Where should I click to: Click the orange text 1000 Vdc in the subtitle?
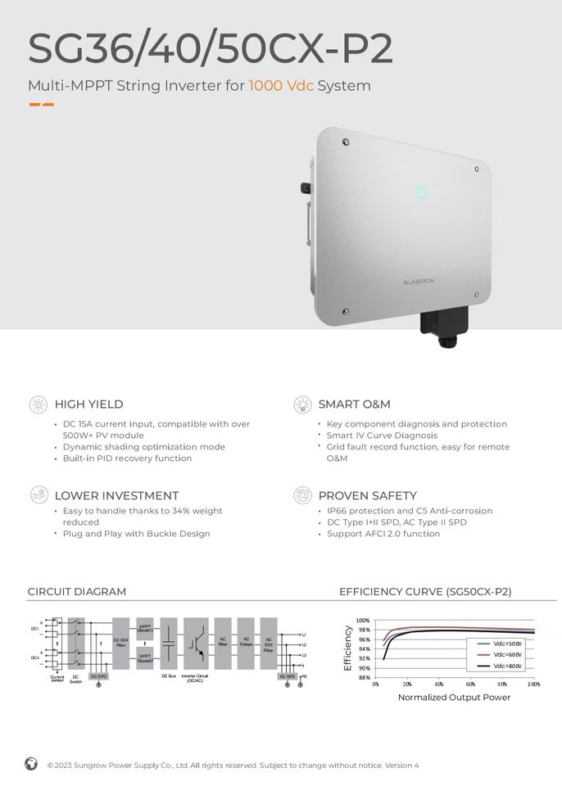(281, 86)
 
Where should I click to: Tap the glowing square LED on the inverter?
(421, 193)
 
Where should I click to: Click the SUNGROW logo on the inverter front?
(419, 281)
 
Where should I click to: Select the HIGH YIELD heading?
(88, 404)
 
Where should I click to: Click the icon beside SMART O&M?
(303, 404)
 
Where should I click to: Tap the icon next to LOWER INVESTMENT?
(39, 495)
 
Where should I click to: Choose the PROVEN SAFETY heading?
(367, 496)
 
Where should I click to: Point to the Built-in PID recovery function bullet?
(127, 458)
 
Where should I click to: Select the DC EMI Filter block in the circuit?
(120, 644)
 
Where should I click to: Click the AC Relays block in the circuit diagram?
(246, 644)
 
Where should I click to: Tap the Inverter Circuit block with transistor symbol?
(196, 644)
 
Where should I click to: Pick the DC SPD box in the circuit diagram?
(98, 676)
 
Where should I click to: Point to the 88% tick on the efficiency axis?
(364, 678)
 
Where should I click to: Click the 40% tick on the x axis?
(439, 684)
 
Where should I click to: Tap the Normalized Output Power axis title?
(454, 698)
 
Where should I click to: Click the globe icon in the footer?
(31, 764)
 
